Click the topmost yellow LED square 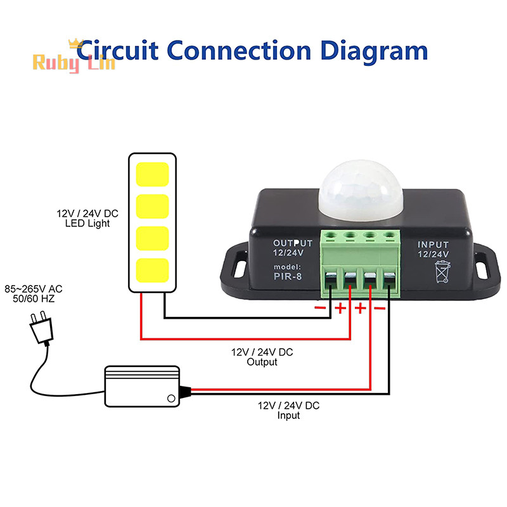click(x=152, y=174)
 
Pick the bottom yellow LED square click(x=152, y=271)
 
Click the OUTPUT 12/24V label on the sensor click(x=293, y=248)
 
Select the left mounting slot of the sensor click(x=240, y=266)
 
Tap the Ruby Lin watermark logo click(x=74, y=61)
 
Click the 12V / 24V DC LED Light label click(x=87, y=219)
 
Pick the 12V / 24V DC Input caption click(x=288, y=410)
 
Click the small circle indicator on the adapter click(x=170, y=398)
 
